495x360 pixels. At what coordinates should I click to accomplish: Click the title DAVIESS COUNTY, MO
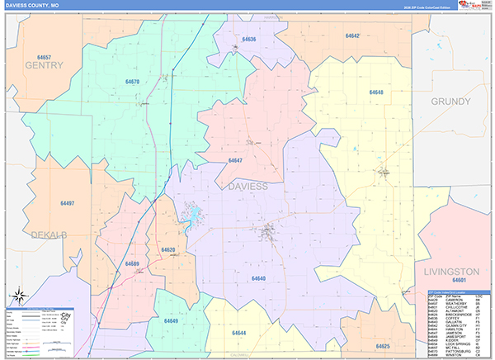coord(34,5)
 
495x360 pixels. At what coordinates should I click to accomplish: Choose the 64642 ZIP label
coord(353,36)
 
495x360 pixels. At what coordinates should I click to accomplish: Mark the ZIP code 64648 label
coord(376,92)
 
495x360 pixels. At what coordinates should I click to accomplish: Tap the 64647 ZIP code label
coord(235,160)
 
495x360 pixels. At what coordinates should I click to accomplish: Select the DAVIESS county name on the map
coord(247,187)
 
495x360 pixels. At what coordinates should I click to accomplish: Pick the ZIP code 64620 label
coord(168,249)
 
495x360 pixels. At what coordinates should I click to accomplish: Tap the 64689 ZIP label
coord(132,263)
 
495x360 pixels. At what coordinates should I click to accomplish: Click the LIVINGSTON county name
coord(451,272)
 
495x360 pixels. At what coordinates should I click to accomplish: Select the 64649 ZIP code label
coord(171,320)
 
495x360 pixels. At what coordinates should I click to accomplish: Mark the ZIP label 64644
coord(239,333)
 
